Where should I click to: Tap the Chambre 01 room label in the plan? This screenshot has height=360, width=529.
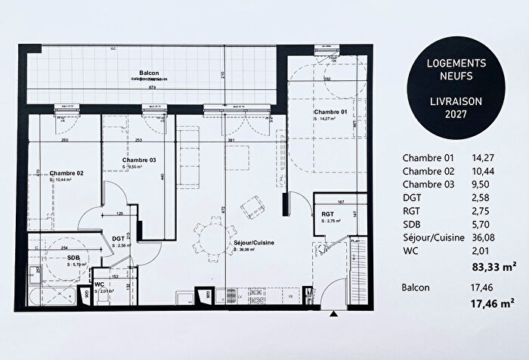[332, 111]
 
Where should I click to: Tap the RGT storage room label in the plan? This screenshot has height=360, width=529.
[328, 214]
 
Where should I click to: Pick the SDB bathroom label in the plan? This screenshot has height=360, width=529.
[74, 257]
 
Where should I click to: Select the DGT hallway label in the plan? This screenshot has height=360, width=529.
[119, 238]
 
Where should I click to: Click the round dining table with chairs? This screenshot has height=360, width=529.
[209, 237]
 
